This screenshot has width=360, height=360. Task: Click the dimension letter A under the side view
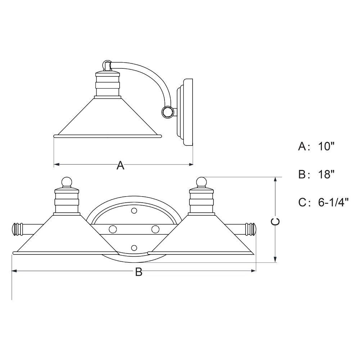[120, 165]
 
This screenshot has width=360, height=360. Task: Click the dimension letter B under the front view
[139, 272]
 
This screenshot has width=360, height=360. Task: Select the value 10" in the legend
[326, 146]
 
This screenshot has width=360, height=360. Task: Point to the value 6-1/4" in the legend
[333, 202]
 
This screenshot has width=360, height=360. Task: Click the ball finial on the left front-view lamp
[67, 182]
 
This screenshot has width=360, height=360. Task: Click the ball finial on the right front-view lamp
[201, 182]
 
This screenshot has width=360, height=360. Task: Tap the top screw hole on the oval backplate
[134, 210]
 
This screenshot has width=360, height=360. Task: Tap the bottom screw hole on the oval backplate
[134, 248]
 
